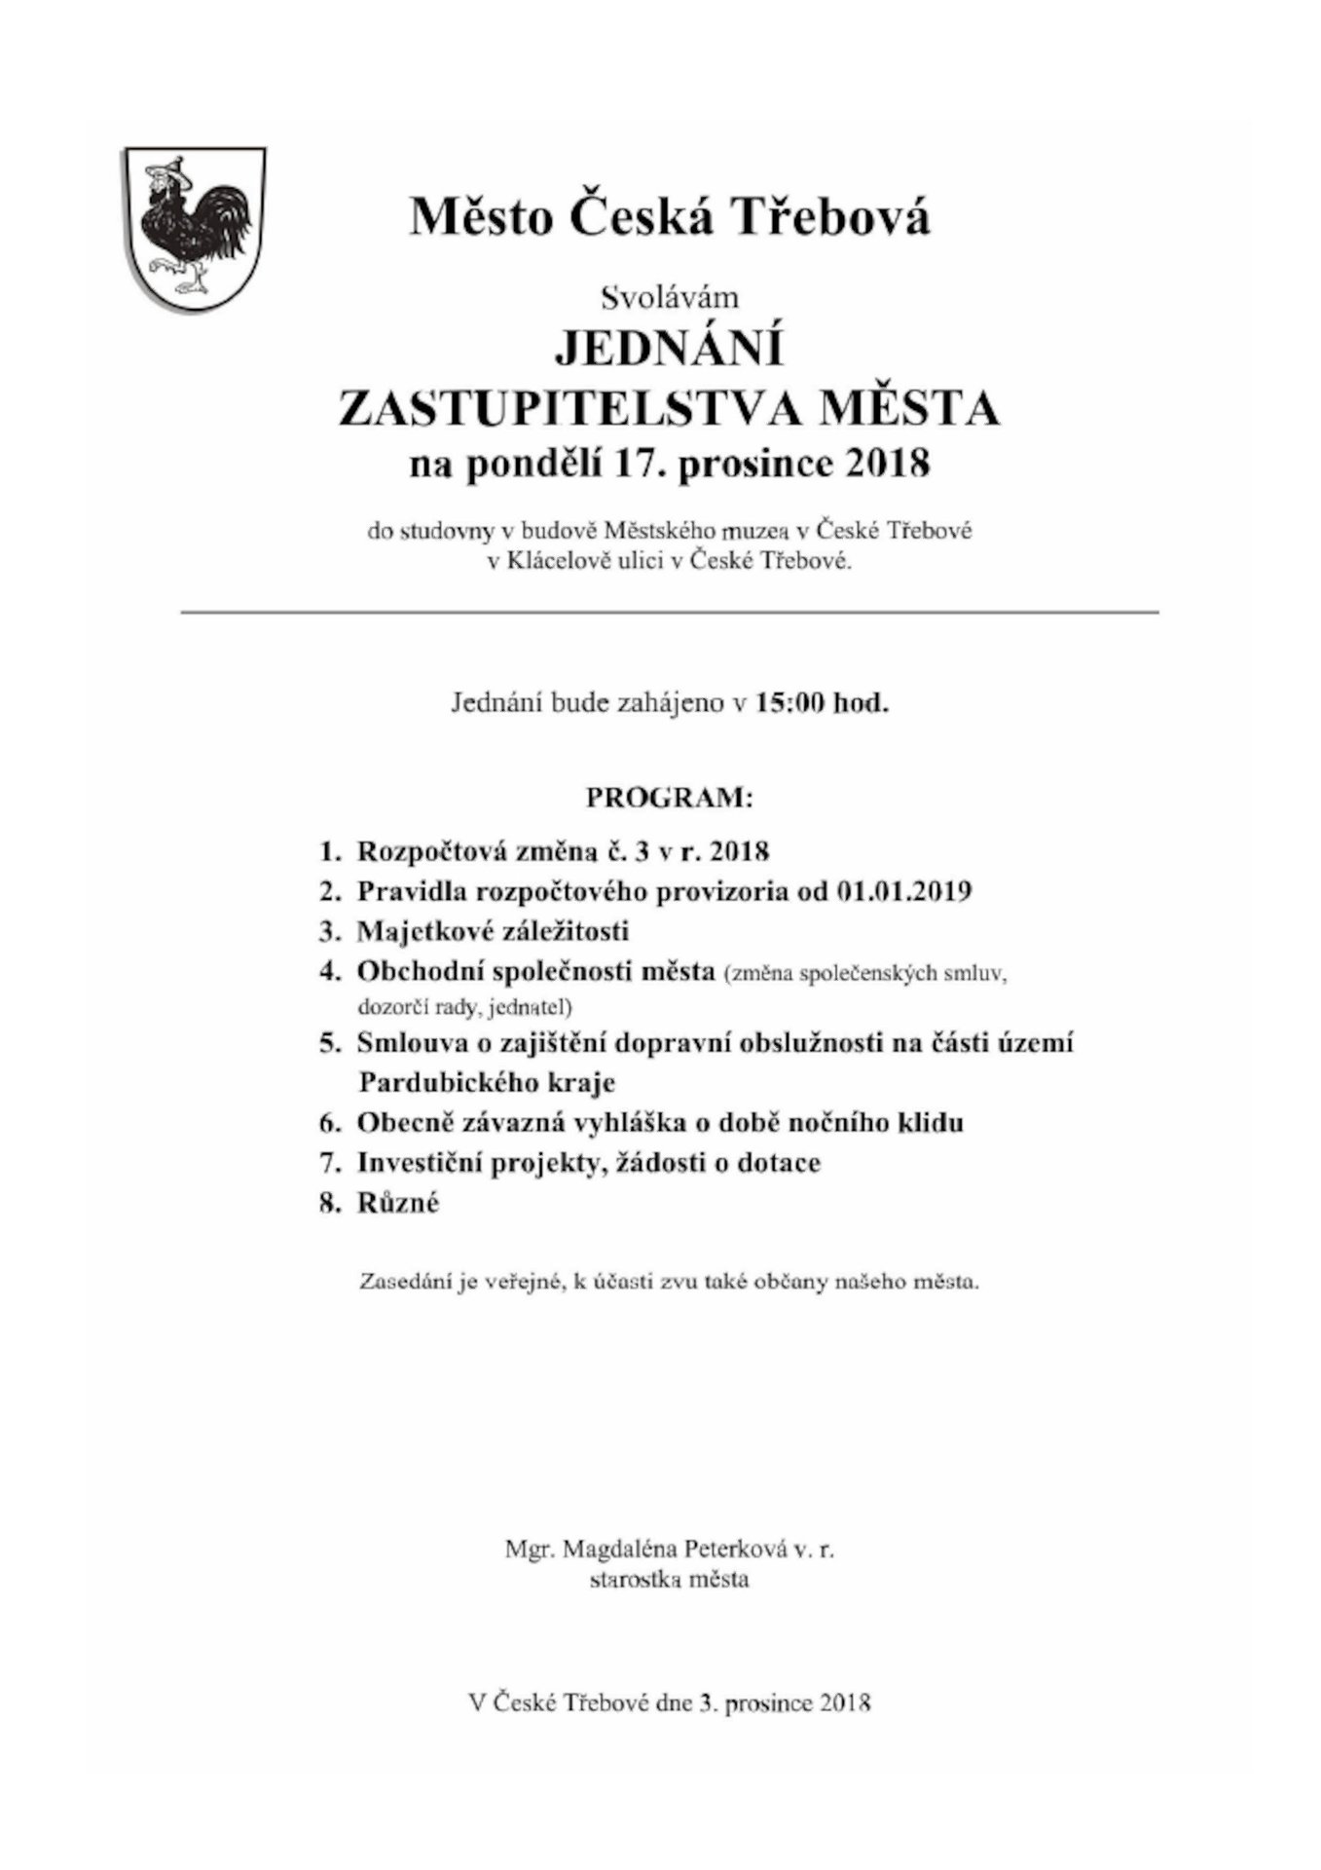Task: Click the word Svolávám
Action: pos(670,296)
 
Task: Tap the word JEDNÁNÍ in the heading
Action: pos(669,349)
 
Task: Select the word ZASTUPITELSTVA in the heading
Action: pos(569,408)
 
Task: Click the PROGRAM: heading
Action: pos(669,799)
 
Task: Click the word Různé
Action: pos(398,1203)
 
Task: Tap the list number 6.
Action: pos(329,1123)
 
